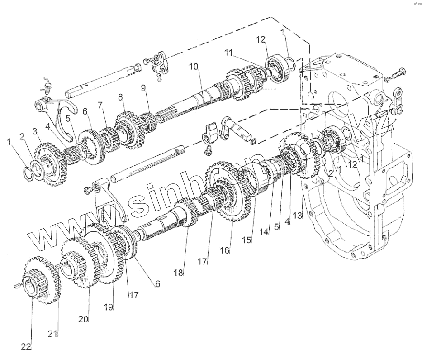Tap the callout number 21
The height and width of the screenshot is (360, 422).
tap(53, 334)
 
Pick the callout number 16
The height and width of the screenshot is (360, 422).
tap(225, 250)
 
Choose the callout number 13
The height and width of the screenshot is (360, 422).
tap(297, 215)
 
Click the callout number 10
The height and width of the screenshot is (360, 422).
tap(194, 67)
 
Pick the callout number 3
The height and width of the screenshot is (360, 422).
tap(34, 132)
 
